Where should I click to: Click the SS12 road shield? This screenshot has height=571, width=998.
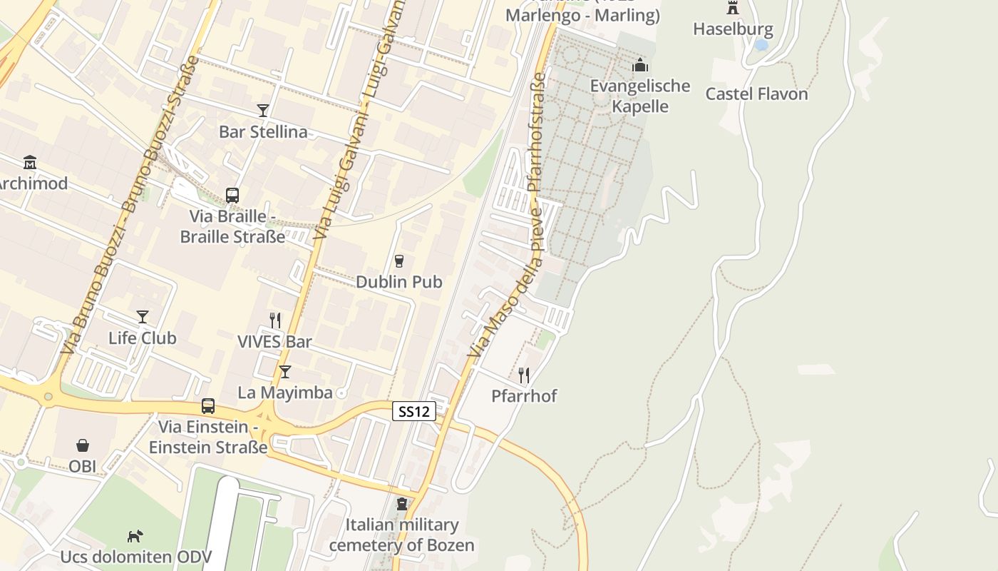tap(413, 411)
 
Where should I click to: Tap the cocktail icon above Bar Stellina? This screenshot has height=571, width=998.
tap(263, 110)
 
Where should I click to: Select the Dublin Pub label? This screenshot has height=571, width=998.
tap(399, 282)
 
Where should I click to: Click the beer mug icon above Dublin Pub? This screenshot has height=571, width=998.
tap(399, 261)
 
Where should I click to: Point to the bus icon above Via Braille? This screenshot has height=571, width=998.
tap(232, 195)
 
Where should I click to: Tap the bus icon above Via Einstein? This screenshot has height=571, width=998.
tap(208, 406)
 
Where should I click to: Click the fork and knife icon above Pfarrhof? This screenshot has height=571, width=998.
tap(524, 375)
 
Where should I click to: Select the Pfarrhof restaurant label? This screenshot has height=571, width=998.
tap(524, 395)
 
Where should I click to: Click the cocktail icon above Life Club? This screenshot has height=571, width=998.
tap(143, 317)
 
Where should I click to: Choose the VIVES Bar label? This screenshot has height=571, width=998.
tap(274, 341)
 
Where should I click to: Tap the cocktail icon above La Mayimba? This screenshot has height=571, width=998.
tap(285, 372)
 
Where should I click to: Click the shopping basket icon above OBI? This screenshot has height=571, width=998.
tap(83, 445)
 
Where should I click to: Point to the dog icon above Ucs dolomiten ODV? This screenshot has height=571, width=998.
tap(135, 535)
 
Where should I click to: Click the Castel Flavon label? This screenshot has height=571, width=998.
tap(756, 94)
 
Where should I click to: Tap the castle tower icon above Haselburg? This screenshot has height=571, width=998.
tap(733, 9)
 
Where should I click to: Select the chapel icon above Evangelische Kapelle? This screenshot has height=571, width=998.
tap(640, 66)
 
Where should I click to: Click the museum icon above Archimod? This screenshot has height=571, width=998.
tap(30, 163)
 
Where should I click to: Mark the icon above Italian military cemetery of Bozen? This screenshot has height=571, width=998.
tap(403, 504)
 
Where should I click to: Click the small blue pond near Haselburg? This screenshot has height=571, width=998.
tap(761, 44)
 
